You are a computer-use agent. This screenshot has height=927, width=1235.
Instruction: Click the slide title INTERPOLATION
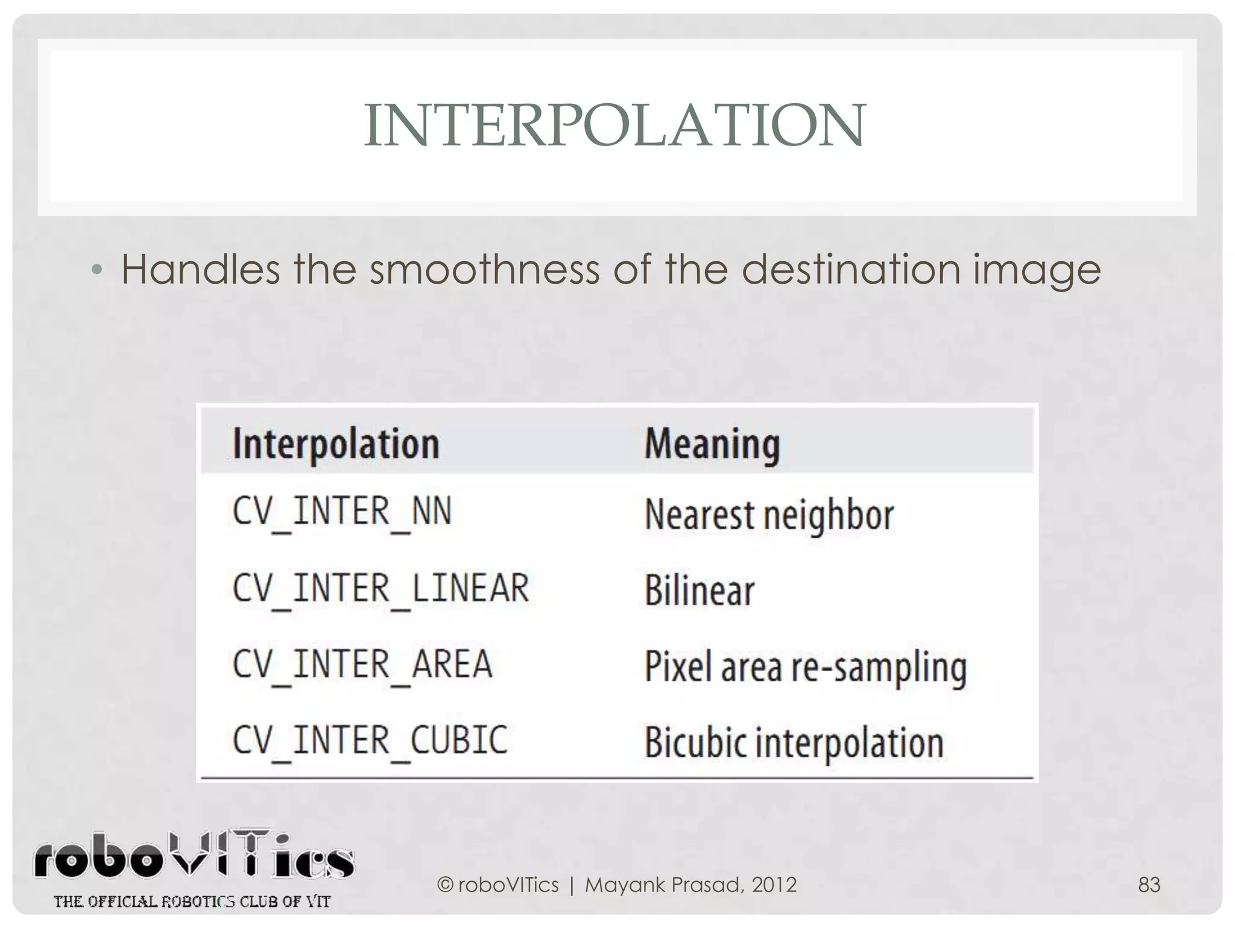614,125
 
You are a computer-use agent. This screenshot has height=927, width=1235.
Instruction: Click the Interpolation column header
336,444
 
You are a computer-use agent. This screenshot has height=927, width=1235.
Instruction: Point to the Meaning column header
712,444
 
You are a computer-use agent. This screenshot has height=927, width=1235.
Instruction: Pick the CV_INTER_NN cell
342,512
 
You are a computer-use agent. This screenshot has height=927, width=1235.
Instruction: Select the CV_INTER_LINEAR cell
381,588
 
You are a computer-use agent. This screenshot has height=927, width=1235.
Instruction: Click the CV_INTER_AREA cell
362,664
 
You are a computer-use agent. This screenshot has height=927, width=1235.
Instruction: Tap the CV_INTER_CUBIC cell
370,741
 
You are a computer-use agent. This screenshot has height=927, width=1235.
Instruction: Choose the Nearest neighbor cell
769,515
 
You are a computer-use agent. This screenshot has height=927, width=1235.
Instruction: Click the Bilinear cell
700,591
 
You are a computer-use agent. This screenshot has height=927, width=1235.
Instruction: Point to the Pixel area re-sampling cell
806,667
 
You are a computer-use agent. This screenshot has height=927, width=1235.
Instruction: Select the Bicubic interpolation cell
794,743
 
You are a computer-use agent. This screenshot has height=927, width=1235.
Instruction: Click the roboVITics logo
193,856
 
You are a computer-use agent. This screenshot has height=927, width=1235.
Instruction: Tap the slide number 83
1149,885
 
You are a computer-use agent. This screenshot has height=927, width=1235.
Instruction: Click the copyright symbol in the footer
445,885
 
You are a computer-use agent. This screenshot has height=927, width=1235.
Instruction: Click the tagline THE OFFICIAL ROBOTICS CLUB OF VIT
192,902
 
